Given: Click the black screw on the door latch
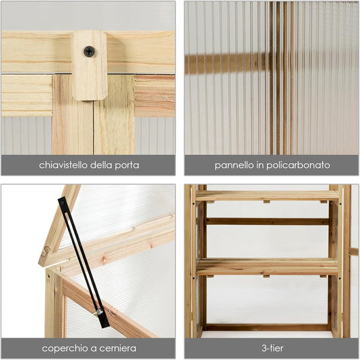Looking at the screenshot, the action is (x=89, y=51).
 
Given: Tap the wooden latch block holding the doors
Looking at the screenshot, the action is (x=90, y=65).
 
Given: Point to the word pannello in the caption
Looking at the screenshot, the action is (x=234, y=166).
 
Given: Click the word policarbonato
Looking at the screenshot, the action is (x=298, y=166).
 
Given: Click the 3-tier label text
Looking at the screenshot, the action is (x=272, y=348).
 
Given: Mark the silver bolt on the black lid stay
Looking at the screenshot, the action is (x=99, y=312).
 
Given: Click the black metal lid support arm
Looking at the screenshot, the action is (x=84, y=262).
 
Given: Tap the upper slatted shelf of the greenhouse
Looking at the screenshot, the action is (x=267, y=196).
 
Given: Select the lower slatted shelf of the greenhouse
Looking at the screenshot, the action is (x=267, y=266).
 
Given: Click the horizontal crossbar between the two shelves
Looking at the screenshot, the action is (x=267, y=221).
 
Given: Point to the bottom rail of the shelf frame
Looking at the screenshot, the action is (x=267, y=327).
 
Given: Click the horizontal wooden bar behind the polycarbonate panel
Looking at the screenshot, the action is (x=228, y=63).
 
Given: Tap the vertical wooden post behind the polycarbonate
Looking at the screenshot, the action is (x=282, y=78).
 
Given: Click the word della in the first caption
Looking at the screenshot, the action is (x=101, y=165).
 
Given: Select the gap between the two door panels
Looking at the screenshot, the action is (x=93, y=128).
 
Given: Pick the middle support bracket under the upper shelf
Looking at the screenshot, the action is (x=266, y=202).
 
